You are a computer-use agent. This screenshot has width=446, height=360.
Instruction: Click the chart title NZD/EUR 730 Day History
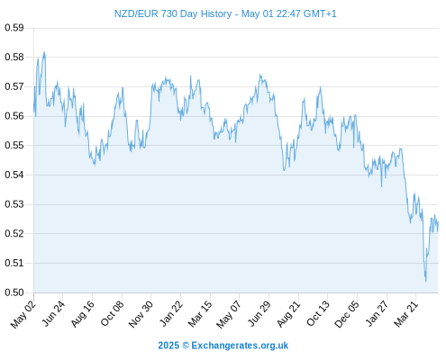tap(173, 13)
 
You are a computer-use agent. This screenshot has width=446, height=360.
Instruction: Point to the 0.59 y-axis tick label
tap(14, 28)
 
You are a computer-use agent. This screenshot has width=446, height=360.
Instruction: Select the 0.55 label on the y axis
tap(14, 146)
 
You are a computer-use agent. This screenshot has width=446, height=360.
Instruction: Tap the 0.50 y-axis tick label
tap(14, 292)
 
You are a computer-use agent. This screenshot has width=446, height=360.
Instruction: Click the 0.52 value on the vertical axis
tap(14, 233)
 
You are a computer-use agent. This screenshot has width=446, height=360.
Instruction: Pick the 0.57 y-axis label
tap(14, 87)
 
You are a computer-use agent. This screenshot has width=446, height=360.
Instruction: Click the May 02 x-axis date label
tap(23, 314)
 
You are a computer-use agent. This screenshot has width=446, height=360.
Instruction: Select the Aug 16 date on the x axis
tap(82, 314)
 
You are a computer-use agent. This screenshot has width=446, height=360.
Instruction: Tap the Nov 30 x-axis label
tap(141, 314)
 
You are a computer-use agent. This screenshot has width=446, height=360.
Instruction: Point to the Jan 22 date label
tap(171, 314)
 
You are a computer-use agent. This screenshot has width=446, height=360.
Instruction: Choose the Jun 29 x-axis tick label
tap(259, 314)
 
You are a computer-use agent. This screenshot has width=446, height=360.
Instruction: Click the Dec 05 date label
tap(347, 314)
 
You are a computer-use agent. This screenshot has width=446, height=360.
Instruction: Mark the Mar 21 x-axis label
tap(406, 314)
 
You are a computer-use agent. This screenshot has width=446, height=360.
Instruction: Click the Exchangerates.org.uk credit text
tap(240, 346)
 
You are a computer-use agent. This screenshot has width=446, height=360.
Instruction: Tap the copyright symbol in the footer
tap(186, 346)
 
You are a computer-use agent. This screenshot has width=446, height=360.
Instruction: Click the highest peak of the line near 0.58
tap(44, 52)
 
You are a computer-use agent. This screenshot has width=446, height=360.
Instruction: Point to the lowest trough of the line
tap(426, 281)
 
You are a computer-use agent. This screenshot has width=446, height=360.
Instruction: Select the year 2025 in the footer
tap(168, 346)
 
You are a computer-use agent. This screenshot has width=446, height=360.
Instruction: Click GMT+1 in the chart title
tap(320, 13)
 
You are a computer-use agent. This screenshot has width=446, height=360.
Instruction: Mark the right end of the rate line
tap(438, 222)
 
